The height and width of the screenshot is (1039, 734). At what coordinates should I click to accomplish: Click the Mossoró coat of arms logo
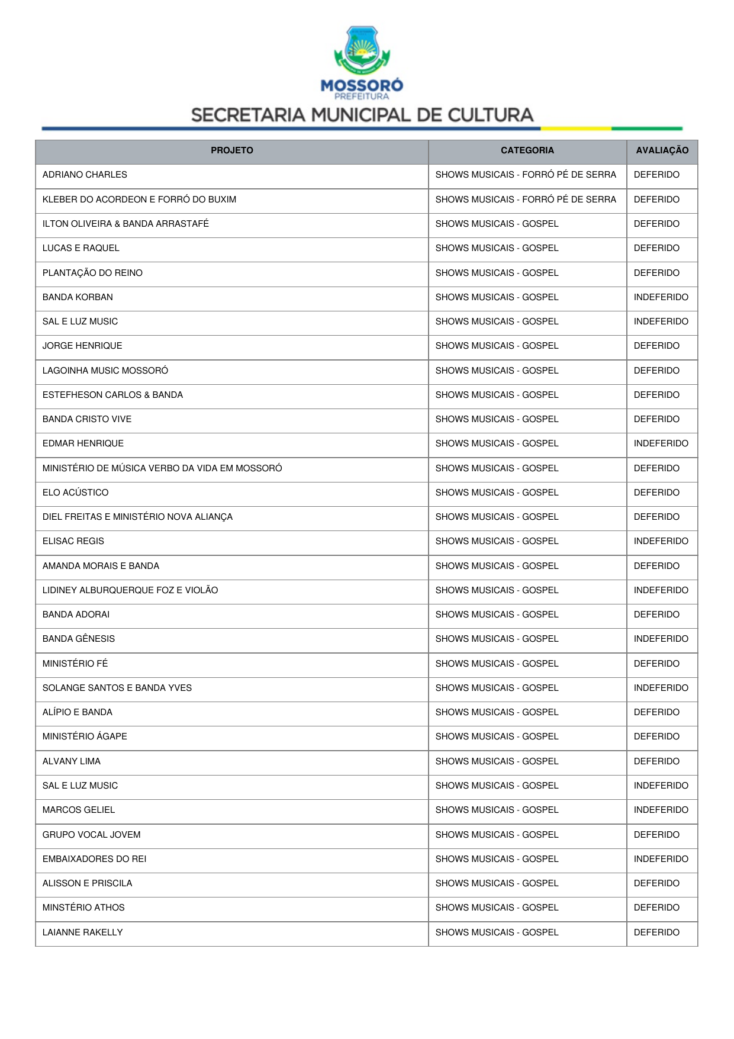click(362, 50)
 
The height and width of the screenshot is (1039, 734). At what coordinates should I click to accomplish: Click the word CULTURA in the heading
click(490, 115)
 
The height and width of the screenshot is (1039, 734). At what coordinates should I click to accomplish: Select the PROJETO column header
click(231, 150)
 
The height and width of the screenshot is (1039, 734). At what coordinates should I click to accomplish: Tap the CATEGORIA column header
click(527, 150)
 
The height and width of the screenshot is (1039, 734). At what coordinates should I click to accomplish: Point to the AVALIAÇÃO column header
click(662, 150)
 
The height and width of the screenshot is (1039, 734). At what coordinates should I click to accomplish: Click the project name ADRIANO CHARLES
click(85, 175)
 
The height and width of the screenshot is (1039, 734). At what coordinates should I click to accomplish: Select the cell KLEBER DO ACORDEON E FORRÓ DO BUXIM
click(139, 200)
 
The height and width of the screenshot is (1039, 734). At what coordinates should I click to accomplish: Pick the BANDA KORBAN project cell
click(78, 297)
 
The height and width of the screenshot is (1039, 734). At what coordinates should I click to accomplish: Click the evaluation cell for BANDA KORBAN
click(661, 297)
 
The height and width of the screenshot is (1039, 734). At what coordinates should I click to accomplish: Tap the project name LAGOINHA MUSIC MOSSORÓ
click(105, 371)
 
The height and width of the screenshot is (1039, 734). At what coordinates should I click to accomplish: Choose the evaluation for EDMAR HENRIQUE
click(661, 443)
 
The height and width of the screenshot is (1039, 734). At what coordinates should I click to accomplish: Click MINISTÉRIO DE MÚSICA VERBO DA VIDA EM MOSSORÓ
click(162, 468)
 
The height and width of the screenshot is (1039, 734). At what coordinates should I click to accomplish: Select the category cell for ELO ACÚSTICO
click(497, 493)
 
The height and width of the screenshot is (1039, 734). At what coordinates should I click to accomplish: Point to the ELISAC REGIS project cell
click(73, 541)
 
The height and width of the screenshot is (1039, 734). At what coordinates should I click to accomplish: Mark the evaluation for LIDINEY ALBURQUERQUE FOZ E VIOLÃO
click(661, 590)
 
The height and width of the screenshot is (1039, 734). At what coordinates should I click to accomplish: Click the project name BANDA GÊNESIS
click(79, 639)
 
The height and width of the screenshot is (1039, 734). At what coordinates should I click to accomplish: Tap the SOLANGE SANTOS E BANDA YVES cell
click(117, 688)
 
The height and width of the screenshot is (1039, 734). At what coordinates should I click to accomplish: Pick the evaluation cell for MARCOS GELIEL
click(661, 810)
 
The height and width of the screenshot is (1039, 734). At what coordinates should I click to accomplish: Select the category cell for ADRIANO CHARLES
click(526, 175)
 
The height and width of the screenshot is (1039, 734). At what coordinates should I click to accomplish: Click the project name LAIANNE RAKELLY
click(83, 932)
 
